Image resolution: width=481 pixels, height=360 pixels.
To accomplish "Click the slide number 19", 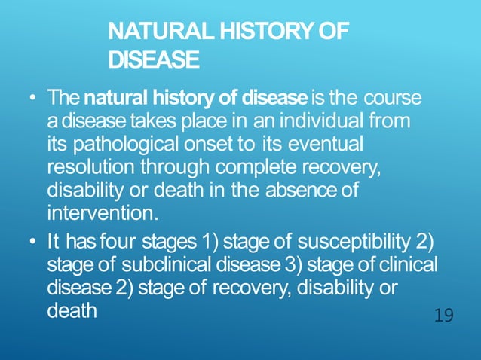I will [x=444, y=315].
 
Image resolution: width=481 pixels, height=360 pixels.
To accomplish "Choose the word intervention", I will [x=102, y=212].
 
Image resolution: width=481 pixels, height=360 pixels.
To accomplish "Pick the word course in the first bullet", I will [x=392, y=99].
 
